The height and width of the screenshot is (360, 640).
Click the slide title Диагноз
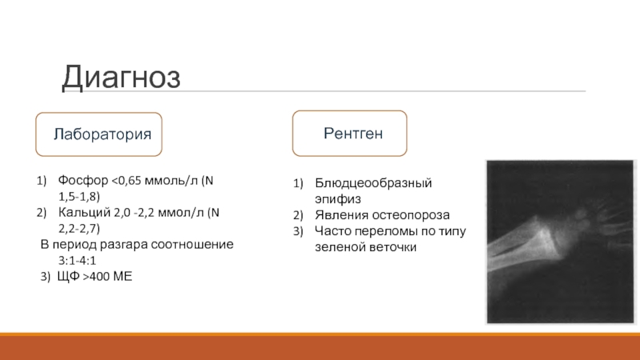(122, 78)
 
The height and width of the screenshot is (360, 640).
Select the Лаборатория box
(98, 134)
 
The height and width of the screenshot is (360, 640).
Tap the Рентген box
(350, 134)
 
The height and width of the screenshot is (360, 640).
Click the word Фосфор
(83, 181)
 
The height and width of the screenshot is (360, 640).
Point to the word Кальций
(84, 212)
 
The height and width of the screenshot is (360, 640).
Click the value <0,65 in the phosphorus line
(127, 181)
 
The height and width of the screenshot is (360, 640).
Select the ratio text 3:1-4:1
(77, 261)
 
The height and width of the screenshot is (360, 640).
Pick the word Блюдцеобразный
(373, 183)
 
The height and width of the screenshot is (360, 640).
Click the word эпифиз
(338, 199)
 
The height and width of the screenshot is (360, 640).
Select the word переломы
(386, 231)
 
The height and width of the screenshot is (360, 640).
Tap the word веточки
(393, 247)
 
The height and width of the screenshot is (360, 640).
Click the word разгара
(124, 245)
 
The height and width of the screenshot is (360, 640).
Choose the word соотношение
(192, 244)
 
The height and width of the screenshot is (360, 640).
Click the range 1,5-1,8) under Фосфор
(79, 196)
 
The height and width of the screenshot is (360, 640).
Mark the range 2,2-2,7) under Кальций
(79, 228)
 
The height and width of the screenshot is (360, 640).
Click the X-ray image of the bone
(560, 242)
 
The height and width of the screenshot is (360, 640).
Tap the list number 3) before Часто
(298, 231)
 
